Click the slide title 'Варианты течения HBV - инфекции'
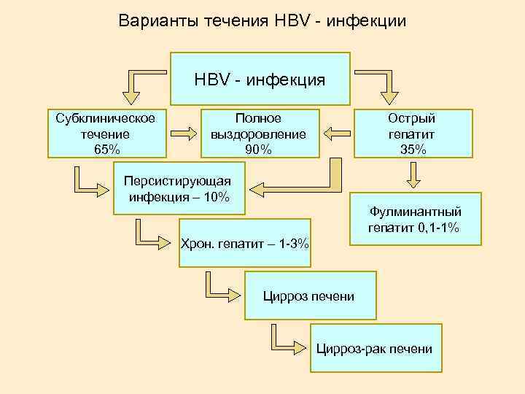pyautogui.click(x=262, y=21)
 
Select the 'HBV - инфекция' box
pyautogui.click(x=260, y=79)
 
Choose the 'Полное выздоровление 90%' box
pyautogui.click(x=259, y=134)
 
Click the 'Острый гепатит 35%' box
pyautogui.click(x=413, y=134)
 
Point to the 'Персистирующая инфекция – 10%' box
pyautogui.click(x=179, y=189)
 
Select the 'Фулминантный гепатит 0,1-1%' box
pyautogui.click(x=415, y=220)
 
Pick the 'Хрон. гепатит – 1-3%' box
pyautogui.click(x=245, y=243)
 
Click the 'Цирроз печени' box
pyautogui.click(x=311, y=296)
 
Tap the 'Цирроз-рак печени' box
pyautogui.click(x=374, y=349)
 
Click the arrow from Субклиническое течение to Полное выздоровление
pyautogui.click(x=184, y=134)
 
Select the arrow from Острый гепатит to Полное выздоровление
pyautogui.click(x=337, y=134)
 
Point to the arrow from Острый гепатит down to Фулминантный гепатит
pyautogui.click(x=413, y=176)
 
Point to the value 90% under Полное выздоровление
pyautogui.click(x=259, y=150)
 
